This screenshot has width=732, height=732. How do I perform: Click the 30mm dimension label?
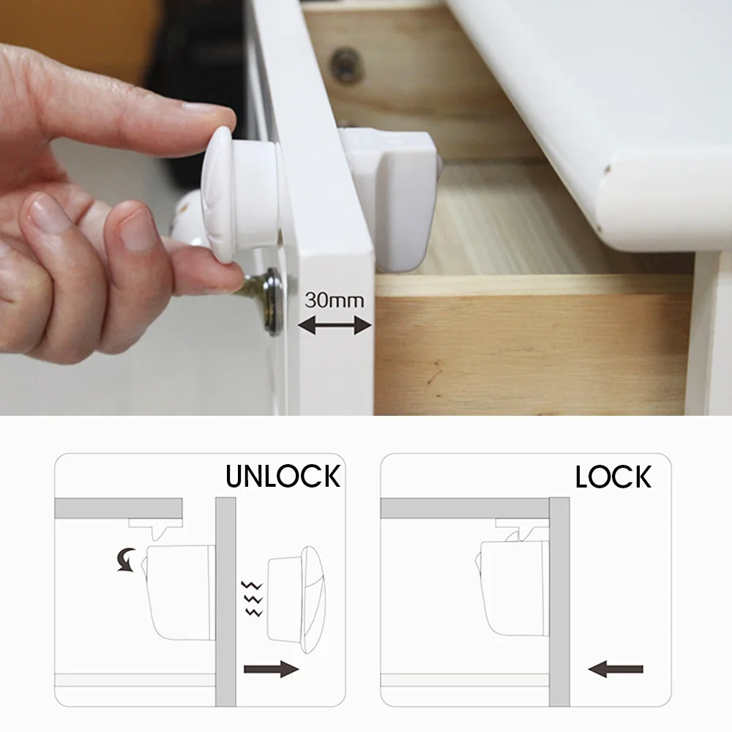[335, 300]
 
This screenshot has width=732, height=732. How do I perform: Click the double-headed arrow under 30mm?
[335, 325]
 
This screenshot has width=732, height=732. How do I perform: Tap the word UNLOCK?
[283, 477]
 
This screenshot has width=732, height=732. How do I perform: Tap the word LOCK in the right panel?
[613, 477]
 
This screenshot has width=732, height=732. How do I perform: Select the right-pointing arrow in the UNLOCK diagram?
[272, 668]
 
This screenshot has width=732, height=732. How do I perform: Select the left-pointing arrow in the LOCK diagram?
[616, 669]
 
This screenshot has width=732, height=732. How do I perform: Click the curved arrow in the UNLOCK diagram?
[127, 559]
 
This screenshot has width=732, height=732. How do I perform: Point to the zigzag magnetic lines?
[252, 599]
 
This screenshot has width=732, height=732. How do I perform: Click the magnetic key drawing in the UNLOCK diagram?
[295, 600]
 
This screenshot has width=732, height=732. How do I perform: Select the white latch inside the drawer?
[390, 198]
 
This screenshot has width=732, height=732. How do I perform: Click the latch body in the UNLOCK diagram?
[180, 592]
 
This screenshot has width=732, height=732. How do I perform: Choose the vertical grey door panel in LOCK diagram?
[559, 602]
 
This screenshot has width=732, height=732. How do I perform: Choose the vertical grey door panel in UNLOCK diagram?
[225, 602]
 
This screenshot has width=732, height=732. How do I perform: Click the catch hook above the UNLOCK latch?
[155, 528]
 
